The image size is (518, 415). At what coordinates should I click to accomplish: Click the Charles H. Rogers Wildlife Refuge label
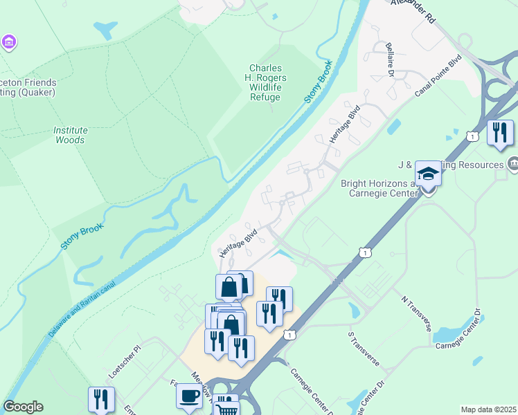pos(265,83)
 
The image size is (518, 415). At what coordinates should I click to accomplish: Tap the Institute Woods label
pos(70,135)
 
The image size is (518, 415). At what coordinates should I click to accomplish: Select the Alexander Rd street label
pos(413,10)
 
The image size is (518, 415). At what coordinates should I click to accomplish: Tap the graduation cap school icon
pos(428,174)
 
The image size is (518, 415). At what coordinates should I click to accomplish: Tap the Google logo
pos(23,407)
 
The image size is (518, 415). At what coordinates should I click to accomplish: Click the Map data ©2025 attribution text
pos(489,409)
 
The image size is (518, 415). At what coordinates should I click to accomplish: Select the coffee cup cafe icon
pos(188,396)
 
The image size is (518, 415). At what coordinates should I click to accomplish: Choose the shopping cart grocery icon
pos(226,408)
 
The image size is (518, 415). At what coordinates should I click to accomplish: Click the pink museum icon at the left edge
pos(8,43)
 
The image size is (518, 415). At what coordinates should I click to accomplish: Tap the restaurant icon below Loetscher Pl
pos(101,400)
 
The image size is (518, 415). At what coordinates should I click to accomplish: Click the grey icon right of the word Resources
pos(512,164)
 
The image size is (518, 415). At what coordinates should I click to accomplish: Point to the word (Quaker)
pos(38,92)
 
